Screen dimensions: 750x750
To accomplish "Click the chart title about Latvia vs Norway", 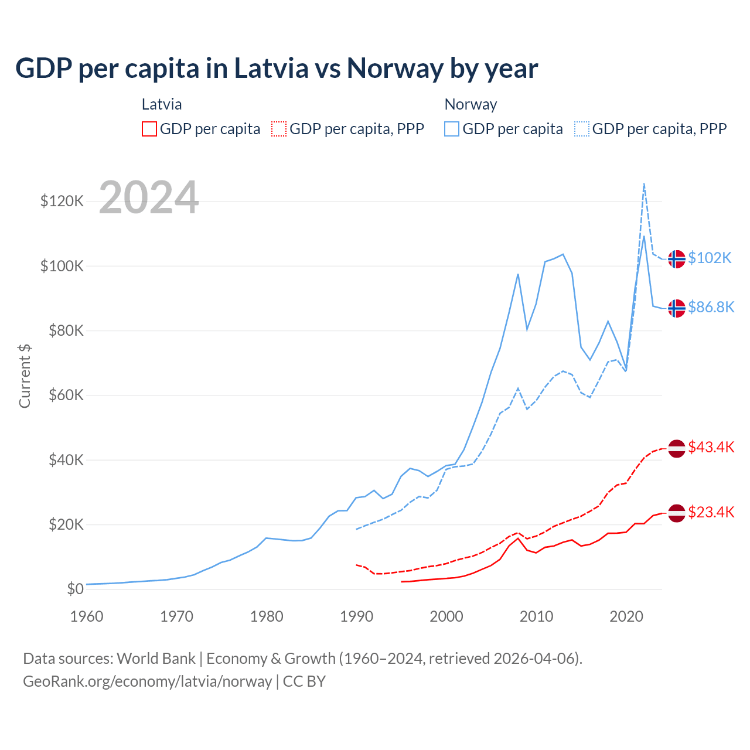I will (277, 68).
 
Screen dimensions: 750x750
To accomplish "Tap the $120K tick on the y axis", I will (62, 201).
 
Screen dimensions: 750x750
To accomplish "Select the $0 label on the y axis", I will (75, 589).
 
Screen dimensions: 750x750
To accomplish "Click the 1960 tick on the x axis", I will (87, 616).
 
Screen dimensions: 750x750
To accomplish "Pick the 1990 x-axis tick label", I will (356, 616).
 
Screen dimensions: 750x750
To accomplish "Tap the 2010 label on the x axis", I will (536, 616).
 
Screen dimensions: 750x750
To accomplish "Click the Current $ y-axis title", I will (25, 376).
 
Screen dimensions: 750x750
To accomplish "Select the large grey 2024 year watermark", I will (149, 197).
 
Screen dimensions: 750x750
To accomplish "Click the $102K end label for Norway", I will (710, 258).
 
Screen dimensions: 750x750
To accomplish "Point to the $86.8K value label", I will (711, 307).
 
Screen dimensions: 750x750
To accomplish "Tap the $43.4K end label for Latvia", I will (711, 447).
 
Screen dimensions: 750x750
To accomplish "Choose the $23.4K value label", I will (711, 512).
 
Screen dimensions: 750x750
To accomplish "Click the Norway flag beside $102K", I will (677, 258).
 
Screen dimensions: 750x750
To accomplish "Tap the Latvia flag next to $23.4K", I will (677, 513).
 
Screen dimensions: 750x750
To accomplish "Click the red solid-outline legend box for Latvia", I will (149, 129).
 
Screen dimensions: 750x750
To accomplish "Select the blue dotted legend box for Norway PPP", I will (582, 129).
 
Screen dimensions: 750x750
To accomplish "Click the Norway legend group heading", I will (471, 104).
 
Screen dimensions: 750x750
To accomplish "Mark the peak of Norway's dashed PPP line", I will (644, 183).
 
